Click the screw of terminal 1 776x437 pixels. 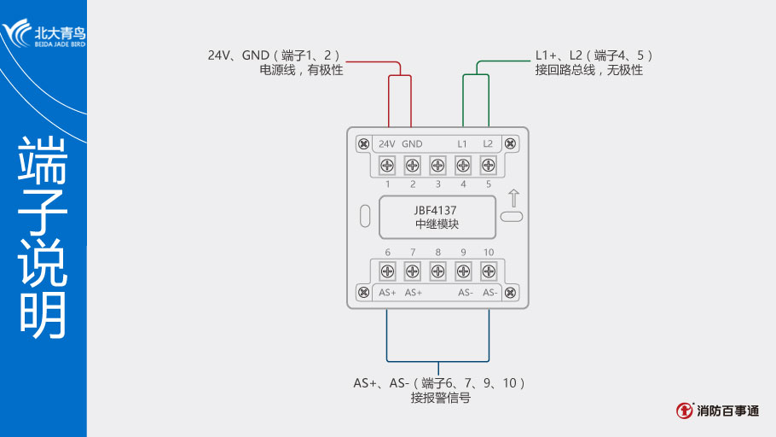(386, 165)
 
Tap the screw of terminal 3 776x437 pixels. (437, 165)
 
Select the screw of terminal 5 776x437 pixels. (489, 165)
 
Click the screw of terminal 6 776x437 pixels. (386, 271)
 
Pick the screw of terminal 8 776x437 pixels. (437, 271)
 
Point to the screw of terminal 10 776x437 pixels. (489, 271)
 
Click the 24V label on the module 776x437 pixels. (386, 143)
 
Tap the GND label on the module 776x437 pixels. (412, 143)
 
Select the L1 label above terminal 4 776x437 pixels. (462, 143)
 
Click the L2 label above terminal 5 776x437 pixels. (488, 143)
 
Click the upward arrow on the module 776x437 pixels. (512, 197)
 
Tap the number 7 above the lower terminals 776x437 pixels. (412, 253)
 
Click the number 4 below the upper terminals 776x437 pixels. (463, 184)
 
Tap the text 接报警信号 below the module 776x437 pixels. (440, 399)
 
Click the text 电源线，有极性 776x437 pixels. (301, 71)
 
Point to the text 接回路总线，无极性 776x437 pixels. (588, 71)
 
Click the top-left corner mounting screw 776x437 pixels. (363, 143)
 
